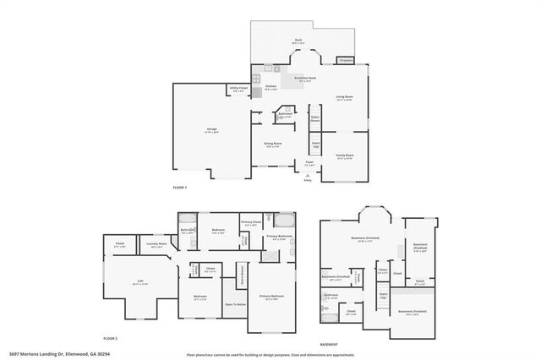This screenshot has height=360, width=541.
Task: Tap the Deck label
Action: (298, 40)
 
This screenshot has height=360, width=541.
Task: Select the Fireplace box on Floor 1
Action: (345, 60)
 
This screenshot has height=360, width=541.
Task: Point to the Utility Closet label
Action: (238, 88)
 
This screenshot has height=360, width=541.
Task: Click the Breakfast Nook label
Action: (305, 79)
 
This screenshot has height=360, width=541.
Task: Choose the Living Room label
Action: (343, 97)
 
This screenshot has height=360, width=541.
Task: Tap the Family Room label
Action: (344, 156)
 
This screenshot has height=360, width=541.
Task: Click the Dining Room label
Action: (271, 145)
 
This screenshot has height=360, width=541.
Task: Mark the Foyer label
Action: (309, 162)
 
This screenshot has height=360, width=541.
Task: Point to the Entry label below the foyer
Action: (308, 180)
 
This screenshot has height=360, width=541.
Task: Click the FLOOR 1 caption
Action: (179, 186)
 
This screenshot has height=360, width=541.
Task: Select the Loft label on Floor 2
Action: (140, 282)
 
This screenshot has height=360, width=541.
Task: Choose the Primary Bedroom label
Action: (272, 297)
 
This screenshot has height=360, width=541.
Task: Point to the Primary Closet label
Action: (251, 223)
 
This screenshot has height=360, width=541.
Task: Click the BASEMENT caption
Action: (331, 344)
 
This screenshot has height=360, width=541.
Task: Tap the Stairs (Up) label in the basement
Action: (383, 296)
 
